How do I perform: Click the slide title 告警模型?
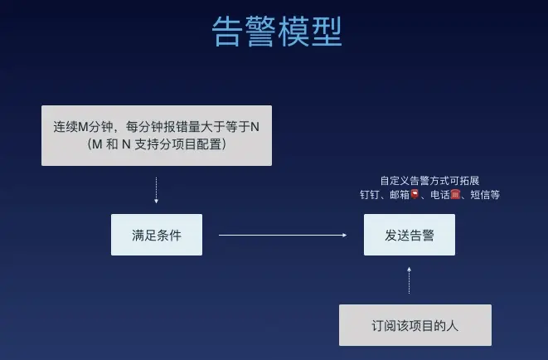pyautogui.click(x=277, y=32)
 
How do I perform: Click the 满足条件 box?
pyautogui.click(x=157, y=235)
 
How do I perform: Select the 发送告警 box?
pyautogui.click(x=409, y=235)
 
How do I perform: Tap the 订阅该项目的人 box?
pyautogui.click(x=415, y=325)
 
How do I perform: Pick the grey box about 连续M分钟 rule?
pyautogui.click(x=156, y=135)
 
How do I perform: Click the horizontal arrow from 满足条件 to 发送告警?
pyautogui.click(x=283, y=236)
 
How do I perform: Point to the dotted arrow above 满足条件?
pyautogui.click(x=156, y=191)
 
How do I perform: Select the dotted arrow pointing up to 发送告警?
pyautogui.click(x=409, y=280)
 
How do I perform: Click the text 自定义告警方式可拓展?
pyautogui.click(x=429, y=180)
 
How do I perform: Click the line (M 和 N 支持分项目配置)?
pyautogui.click(x=156, y=144)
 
